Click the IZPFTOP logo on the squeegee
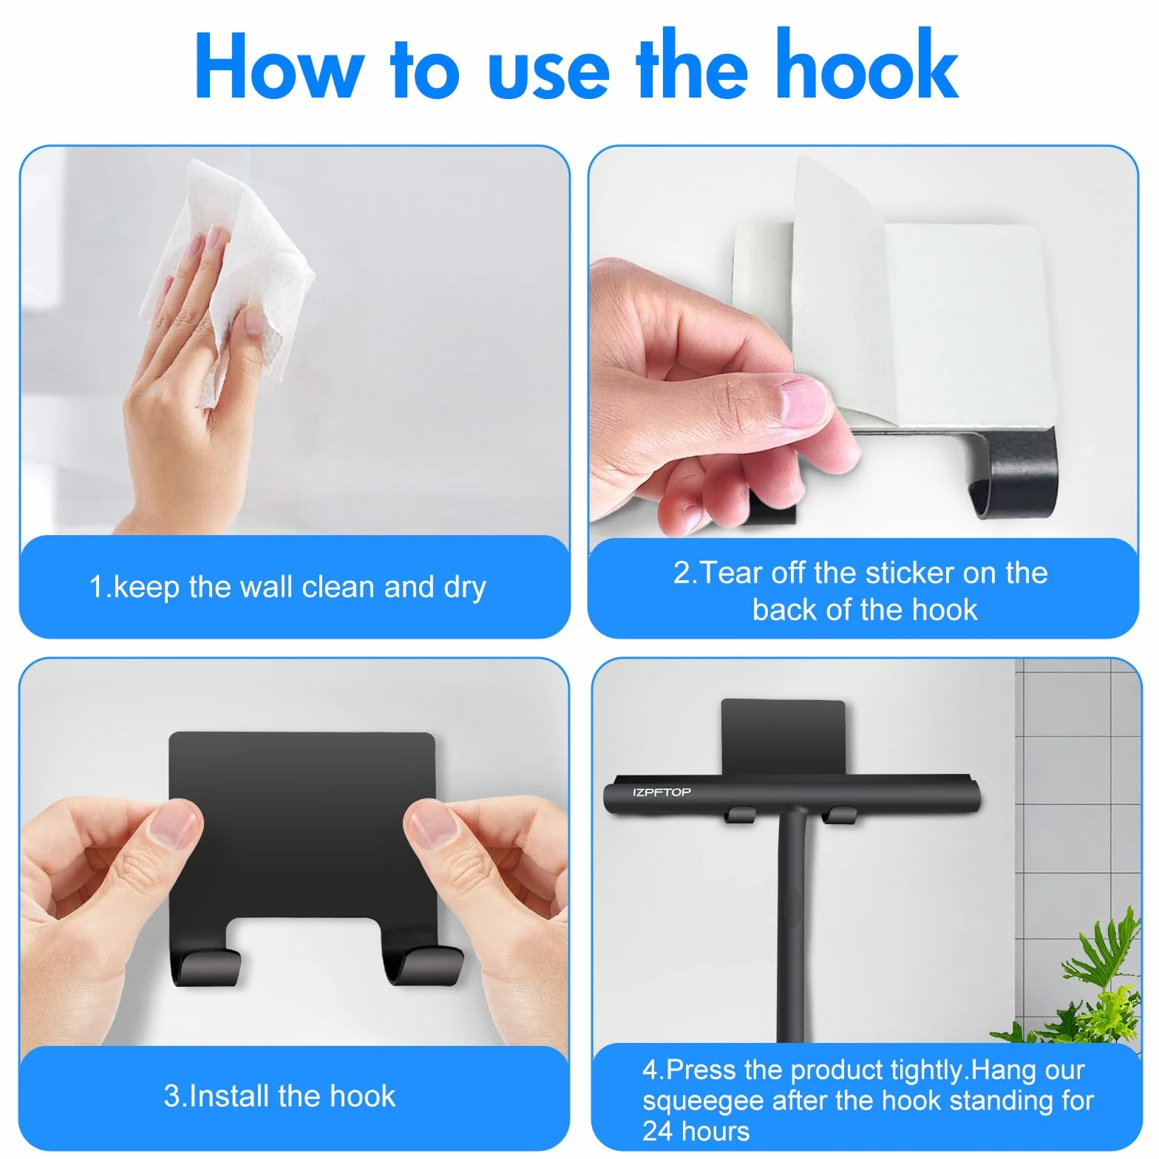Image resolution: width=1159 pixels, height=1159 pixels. tap(662, 792)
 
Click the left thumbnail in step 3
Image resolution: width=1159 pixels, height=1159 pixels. tap(175, 826)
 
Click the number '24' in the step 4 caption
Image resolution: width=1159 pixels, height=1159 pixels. tap(656, 1131)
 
